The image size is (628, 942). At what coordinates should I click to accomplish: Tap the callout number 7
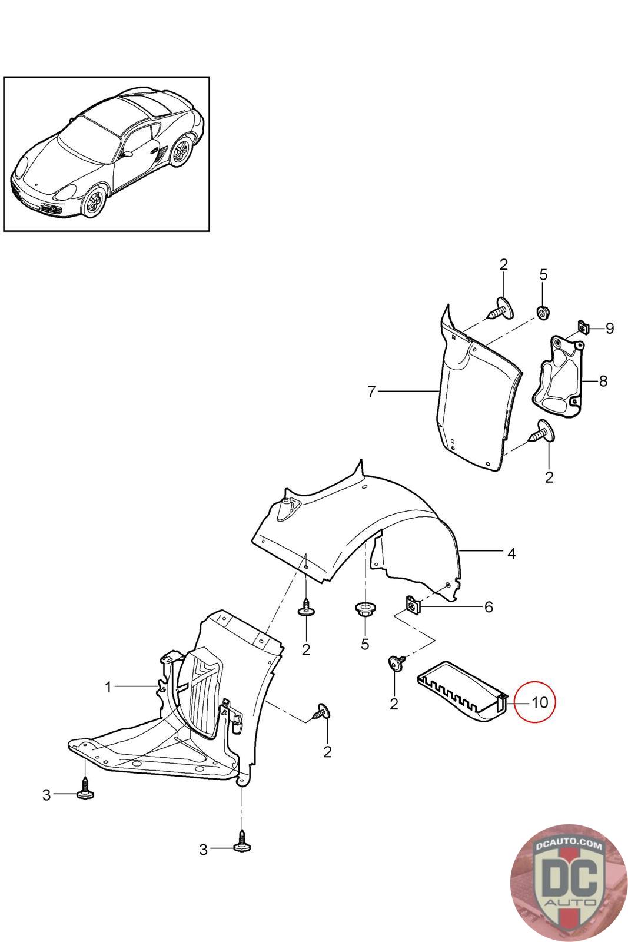(x=371, y=392)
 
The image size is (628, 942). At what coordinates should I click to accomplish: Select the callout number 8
(x=603, y=382)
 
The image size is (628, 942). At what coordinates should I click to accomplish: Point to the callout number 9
(x=609, y=329)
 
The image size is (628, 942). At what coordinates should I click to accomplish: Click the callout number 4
(x=511, y=553)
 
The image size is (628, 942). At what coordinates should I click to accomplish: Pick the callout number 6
(x=489, y=607)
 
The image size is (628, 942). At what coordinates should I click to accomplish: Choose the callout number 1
(x=108, y=687)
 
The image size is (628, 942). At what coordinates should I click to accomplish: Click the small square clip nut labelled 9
(x=583, y=327)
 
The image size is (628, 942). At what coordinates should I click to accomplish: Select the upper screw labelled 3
(x=86, y=791)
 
